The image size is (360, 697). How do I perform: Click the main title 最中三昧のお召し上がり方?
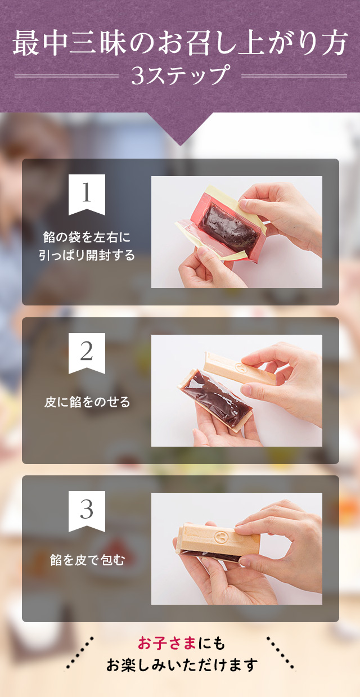(180, 43)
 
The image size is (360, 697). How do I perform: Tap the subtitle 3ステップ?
(181, 75)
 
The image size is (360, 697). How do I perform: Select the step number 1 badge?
(87, 195)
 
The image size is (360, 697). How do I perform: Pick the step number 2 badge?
(87, 353)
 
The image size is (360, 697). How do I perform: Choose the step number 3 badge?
(87, 511)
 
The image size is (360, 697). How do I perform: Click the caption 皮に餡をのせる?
(87, 402)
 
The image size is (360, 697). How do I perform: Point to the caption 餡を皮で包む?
(87, 560)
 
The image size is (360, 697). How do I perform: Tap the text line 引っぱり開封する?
(87, 255)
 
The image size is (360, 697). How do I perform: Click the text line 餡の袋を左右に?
(87, 237)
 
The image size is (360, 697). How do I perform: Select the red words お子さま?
(166, 643)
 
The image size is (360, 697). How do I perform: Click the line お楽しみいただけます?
(182, 664)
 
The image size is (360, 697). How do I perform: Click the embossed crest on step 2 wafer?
(241, 367)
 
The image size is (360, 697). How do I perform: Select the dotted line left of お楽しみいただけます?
(80, 653)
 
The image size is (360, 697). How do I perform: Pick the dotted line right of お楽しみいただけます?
(280, 653)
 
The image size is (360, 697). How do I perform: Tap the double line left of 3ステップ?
(66, 75)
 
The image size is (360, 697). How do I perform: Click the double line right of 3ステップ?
(294, 75)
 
